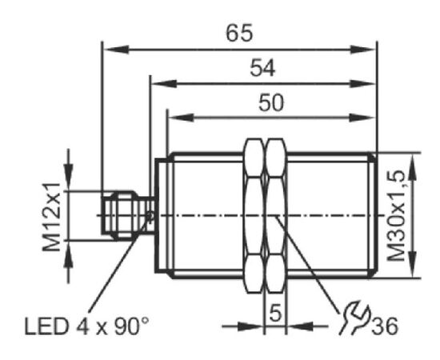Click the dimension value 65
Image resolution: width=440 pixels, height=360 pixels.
(x=239, y=33)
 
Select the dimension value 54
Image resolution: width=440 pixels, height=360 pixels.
(x=262, y=68)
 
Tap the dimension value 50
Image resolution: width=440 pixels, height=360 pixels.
(x=271, y=102)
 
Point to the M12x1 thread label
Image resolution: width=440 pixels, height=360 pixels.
(x=52, y=217)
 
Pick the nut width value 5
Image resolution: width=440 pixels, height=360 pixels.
(x=275, y=313)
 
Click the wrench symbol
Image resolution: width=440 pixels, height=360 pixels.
(x=354, y=318)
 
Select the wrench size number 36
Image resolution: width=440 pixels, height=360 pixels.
(x=385, y=326)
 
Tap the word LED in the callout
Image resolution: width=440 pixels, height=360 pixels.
(x=46, y=326)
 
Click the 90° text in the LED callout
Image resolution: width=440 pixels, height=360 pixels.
(x=130, y=326)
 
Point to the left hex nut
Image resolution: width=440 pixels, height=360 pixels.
(x=254, y=216)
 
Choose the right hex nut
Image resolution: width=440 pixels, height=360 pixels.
(x=276, y=216)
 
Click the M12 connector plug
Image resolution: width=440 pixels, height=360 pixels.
(x=128, y=215)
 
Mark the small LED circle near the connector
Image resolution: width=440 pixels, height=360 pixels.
(x=150, y=216)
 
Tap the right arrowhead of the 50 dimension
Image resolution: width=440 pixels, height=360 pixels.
(x=362, y=118)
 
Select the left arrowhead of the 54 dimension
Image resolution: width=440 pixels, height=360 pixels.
(x=165, y=84)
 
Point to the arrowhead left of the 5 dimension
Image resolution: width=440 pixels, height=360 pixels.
(x=250, y=326)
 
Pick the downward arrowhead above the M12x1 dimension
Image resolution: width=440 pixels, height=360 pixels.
(x=68, y=178)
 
